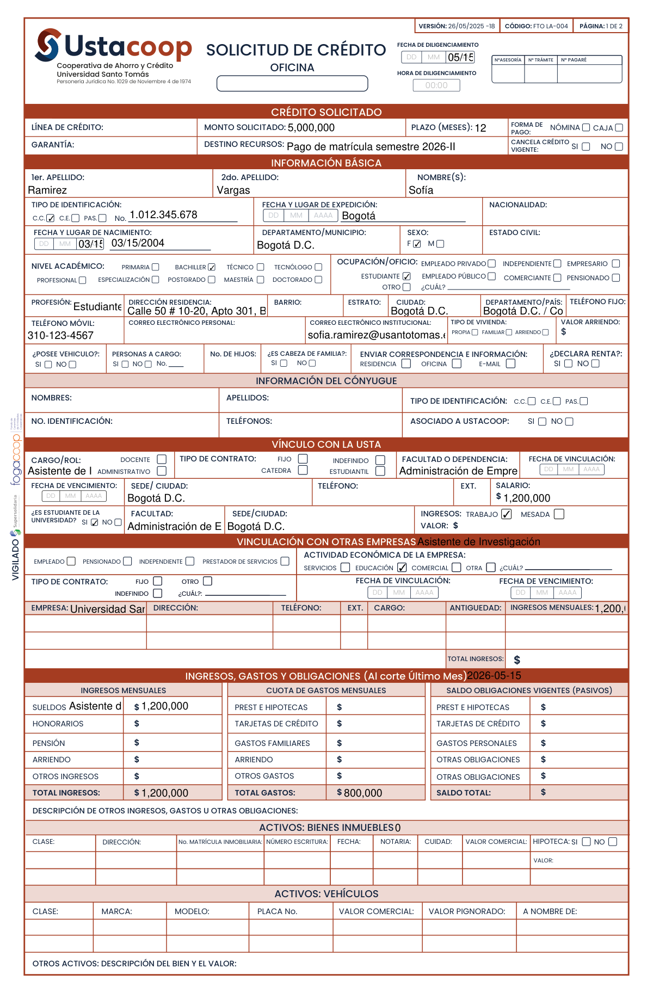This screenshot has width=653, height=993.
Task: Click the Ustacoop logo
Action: coord(113,46)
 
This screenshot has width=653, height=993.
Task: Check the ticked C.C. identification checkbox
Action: coord(51,218)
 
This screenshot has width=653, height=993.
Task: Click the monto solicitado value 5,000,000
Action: coord(311,128)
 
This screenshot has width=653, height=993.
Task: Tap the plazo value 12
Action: coord(480,128)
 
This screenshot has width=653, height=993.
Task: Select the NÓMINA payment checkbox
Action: coord(586,128)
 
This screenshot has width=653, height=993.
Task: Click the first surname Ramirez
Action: coord(47,190)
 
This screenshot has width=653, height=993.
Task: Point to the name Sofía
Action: coord(421,190)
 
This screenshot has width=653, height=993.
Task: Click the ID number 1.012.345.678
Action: coord(163,215)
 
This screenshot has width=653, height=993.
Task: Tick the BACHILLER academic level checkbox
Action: coord(212,267)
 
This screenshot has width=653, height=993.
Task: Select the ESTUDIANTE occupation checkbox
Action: coord(406,276)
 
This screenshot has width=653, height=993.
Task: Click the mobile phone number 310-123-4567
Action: coord(60,336)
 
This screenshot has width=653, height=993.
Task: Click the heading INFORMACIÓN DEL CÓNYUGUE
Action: coord(326,381)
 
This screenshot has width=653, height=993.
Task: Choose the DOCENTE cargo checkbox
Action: coord(162,459)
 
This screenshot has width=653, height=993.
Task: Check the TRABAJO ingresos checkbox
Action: coord(506,514)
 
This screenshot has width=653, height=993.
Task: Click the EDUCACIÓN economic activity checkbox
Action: coord(402,568)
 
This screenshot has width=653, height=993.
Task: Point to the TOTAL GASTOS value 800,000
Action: coord(362,793)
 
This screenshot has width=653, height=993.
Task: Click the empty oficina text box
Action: coord(292,83)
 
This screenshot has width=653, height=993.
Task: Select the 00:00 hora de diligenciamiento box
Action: coord(436,85)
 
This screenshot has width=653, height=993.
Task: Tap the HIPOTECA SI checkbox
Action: coord(586,842)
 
